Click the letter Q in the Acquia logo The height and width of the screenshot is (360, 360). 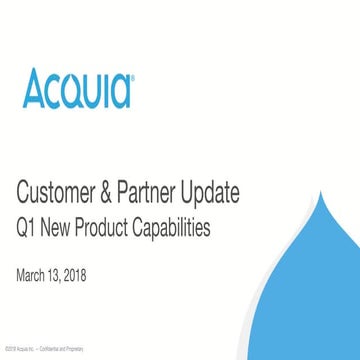click(x=71, y=90)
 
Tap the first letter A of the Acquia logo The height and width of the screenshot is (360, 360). click(x=33, y=88)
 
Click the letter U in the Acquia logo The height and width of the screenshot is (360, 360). click(x=93, y=89)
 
